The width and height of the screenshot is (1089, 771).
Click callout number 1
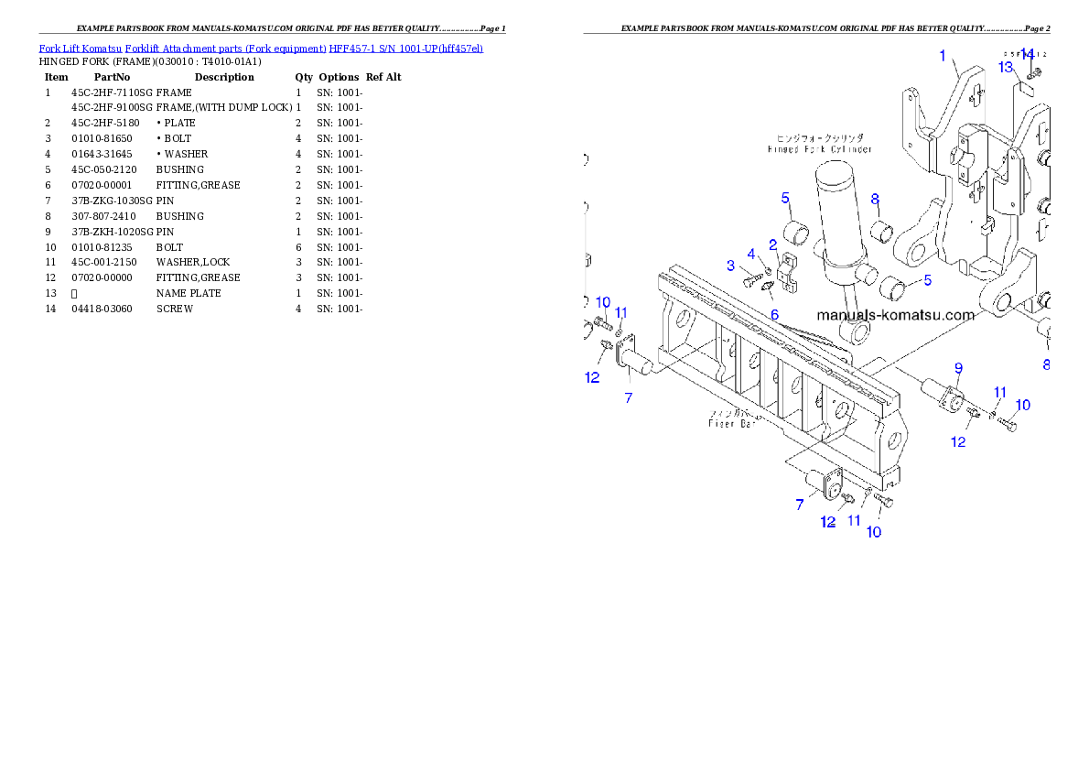coord(943,56)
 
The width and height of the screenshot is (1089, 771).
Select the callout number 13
coord(1006,67)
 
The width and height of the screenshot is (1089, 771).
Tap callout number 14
coord(1027,55)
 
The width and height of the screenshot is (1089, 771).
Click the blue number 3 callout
coord(730,266)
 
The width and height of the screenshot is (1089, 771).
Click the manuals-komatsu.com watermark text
coord(895,315)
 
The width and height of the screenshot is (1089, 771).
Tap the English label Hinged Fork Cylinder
coord(820,149)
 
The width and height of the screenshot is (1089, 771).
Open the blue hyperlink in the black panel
coord(261,48)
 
